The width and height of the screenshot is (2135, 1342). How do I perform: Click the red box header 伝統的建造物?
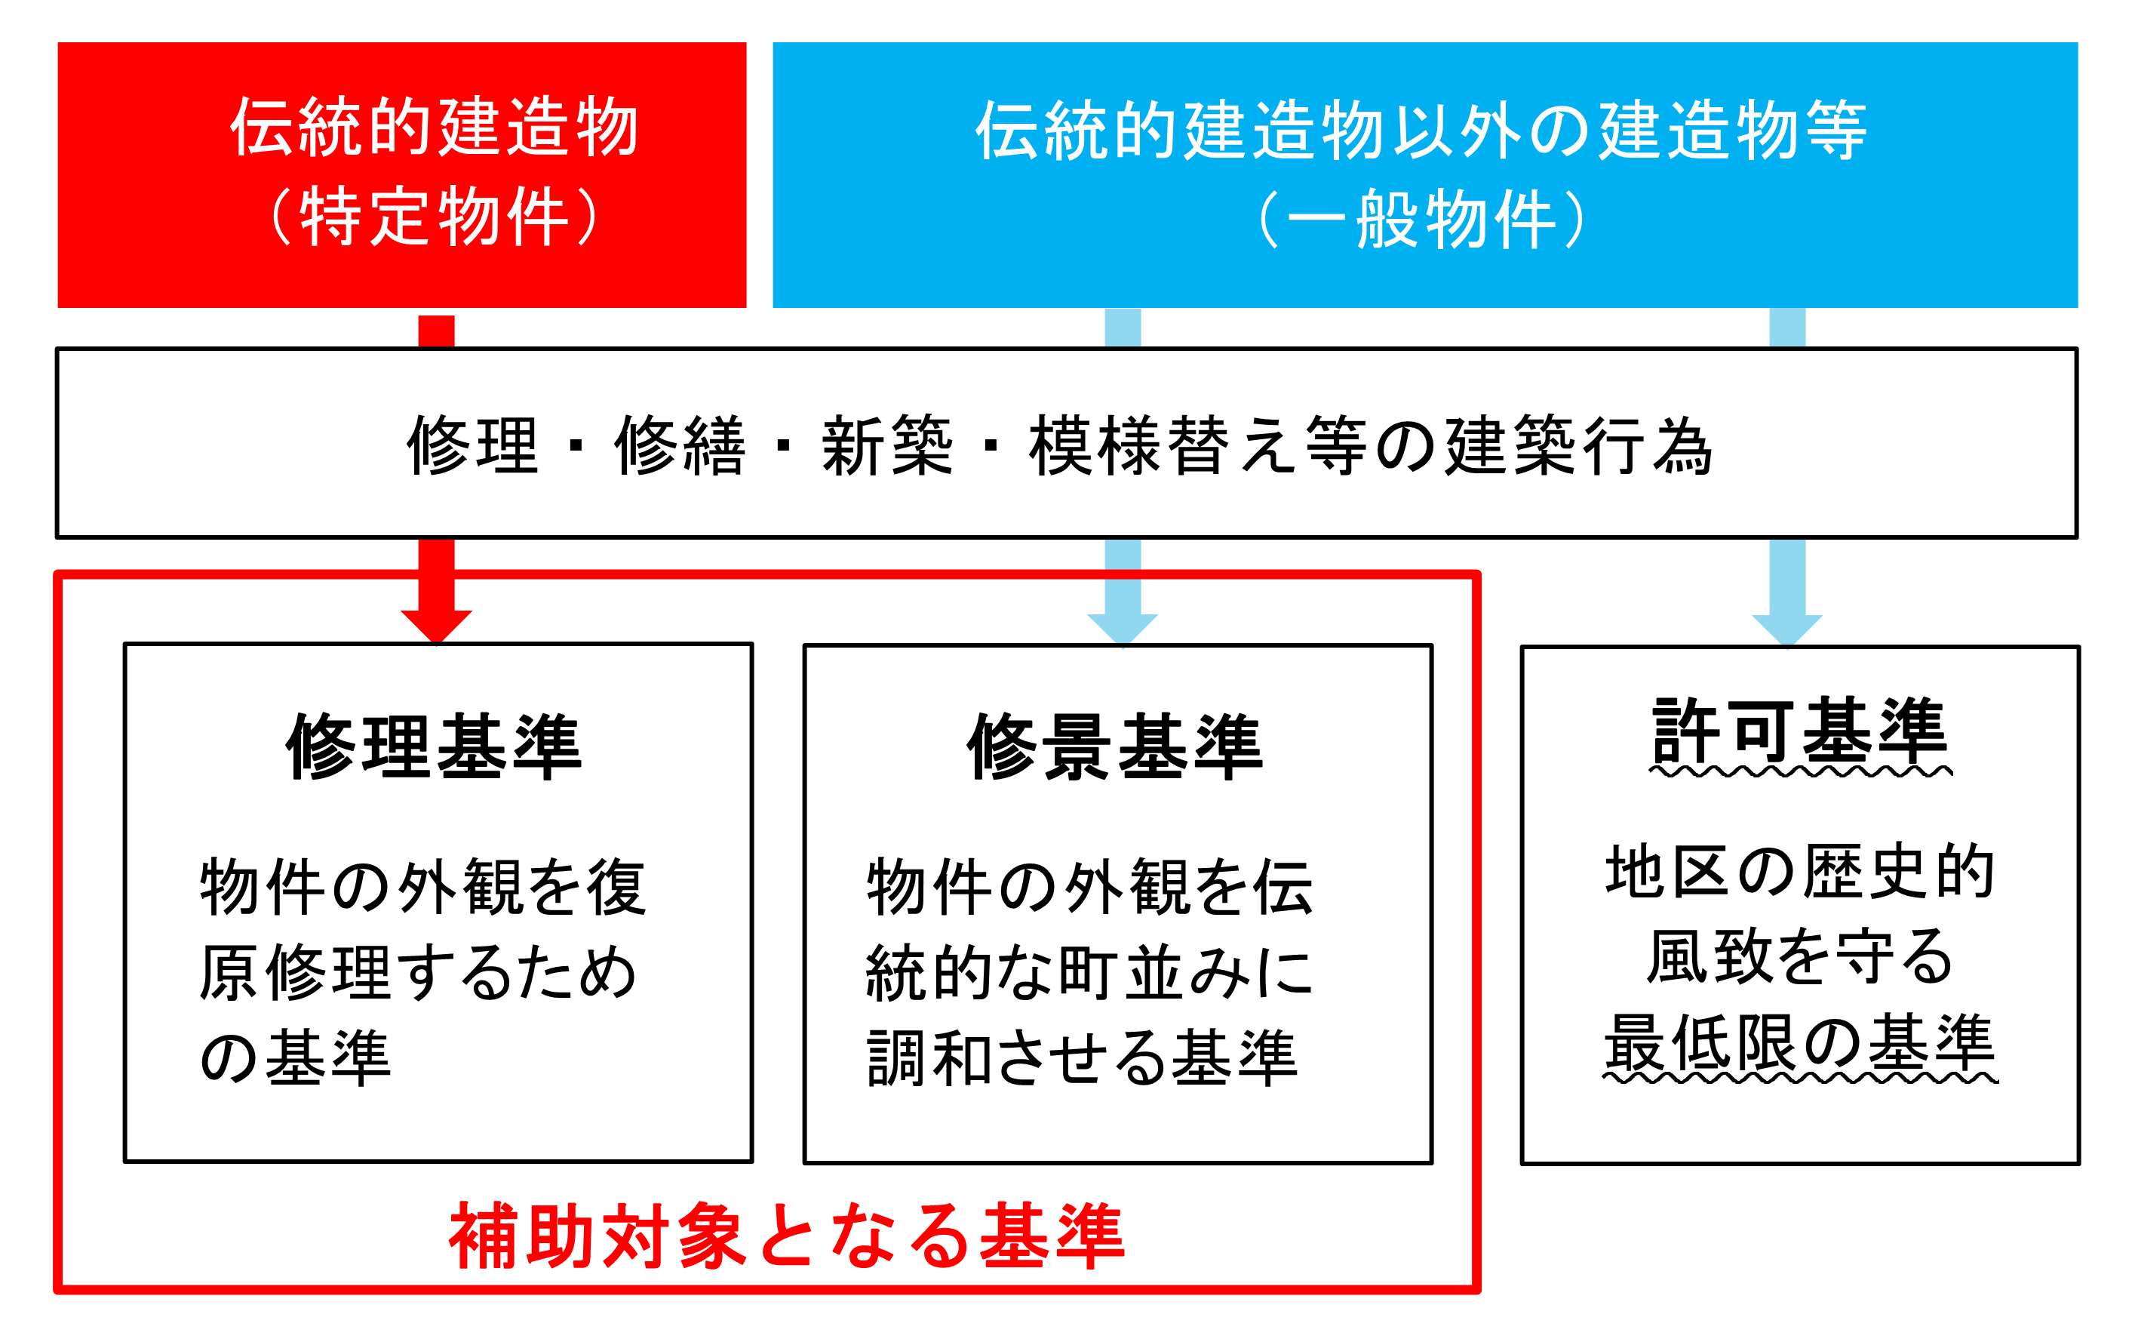[x=434, y=127]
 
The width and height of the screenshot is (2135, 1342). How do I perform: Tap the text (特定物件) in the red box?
[x=434, y=217]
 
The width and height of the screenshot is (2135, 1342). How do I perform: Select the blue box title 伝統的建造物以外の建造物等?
[x=1421, y=130]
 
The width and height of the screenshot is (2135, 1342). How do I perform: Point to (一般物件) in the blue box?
[x=1421, y=219]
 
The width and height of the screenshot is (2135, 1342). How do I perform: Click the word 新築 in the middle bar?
[x=886, y=445]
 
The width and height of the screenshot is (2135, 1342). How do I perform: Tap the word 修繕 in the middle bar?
[x=680, y=445]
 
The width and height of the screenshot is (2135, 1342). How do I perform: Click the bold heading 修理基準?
[x=434, y=746]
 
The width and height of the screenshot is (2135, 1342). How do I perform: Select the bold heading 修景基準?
[x=1114, y=746]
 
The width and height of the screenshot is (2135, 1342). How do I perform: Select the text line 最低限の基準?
[x=1800, y=1043]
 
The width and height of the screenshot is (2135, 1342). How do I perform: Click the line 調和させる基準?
[x=1083, y=1057]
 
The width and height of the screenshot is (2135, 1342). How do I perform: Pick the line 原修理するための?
[x=419, y=972]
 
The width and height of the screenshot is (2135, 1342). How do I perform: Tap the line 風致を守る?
[x=1800, y=957]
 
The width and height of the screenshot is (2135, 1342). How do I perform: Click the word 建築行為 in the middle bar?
[x=1578, y=445]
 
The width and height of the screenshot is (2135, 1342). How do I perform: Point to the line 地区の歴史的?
[x=1800, y=871]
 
